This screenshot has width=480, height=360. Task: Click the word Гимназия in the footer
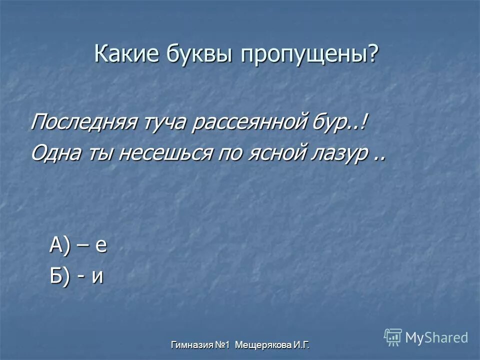192,344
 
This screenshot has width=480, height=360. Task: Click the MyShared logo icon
392,337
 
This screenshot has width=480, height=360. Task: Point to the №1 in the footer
223,344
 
